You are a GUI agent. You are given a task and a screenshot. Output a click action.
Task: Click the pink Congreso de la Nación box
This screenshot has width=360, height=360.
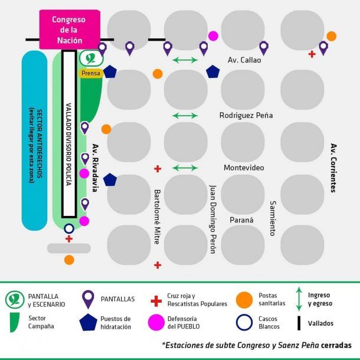tap(68, 29)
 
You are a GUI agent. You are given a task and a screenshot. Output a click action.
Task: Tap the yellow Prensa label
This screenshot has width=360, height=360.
tap(90, 73)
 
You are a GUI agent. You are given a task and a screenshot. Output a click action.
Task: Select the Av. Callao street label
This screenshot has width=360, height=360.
tap(244, 60)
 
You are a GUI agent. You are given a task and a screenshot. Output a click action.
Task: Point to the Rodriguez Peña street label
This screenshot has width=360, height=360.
tap(246, 115)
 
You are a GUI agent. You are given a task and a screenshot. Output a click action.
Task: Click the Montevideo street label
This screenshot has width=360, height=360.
tap(244, 168)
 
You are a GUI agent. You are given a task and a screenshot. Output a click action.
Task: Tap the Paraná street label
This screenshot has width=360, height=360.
tap(241, 220)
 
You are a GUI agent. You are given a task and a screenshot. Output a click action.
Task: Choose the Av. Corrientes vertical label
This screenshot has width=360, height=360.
tap(333, 168)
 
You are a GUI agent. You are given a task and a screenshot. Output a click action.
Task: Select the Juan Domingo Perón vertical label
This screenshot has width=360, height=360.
tap(212, 219)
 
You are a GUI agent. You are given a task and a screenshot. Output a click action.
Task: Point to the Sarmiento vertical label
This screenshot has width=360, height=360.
tap(273, 218)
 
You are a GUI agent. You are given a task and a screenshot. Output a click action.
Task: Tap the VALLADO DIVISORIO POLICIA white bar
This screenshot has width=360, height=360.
tap(69, 133)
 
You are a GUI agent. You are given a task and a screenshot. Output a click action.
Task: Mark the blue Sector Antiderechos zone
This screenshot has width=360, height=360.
tap(34, 140)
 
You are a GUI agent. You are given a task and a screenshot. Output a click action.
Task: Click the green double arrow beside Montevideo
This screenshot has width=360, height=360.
tap(185, 168)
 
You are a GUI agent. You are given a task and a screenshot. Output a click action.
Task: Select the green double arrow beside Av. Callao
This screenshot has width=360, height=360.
tap(185, 60)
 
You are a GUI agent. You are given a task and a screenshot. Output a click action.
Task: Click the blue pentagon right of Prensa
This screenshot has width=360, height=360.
tap(110, 71)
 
